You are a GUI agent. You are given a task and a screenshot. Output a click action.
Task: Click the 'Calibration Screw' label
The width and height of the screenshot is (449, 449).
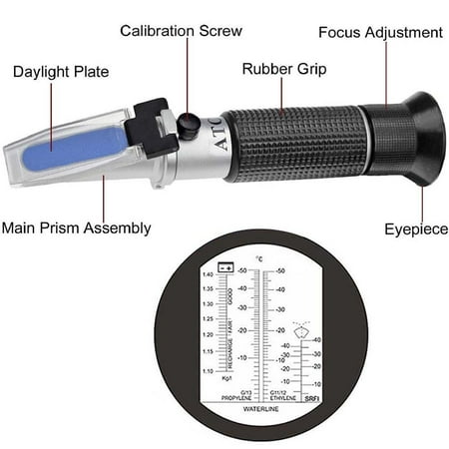coord(181,31)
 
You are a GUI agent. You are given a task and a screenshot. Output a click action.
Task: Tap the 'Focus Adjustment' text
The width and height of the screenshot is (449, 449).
coord(380,32)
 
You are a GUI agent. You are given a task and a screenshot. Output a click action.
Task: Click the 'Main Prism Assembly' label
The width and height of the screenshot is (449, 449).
coord(76,228)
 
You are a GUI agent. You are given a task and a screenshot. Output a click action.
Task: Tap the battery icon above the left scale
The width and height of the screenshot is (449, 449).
coord(225,268)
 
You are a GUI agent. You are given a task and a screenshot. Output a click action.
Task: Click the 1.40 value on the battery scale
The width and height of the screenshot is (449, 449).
coord(208,273)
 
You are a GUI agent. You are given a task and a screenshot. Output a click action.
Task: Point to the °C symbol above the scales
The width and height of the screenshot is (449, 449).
coord(258,259)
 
